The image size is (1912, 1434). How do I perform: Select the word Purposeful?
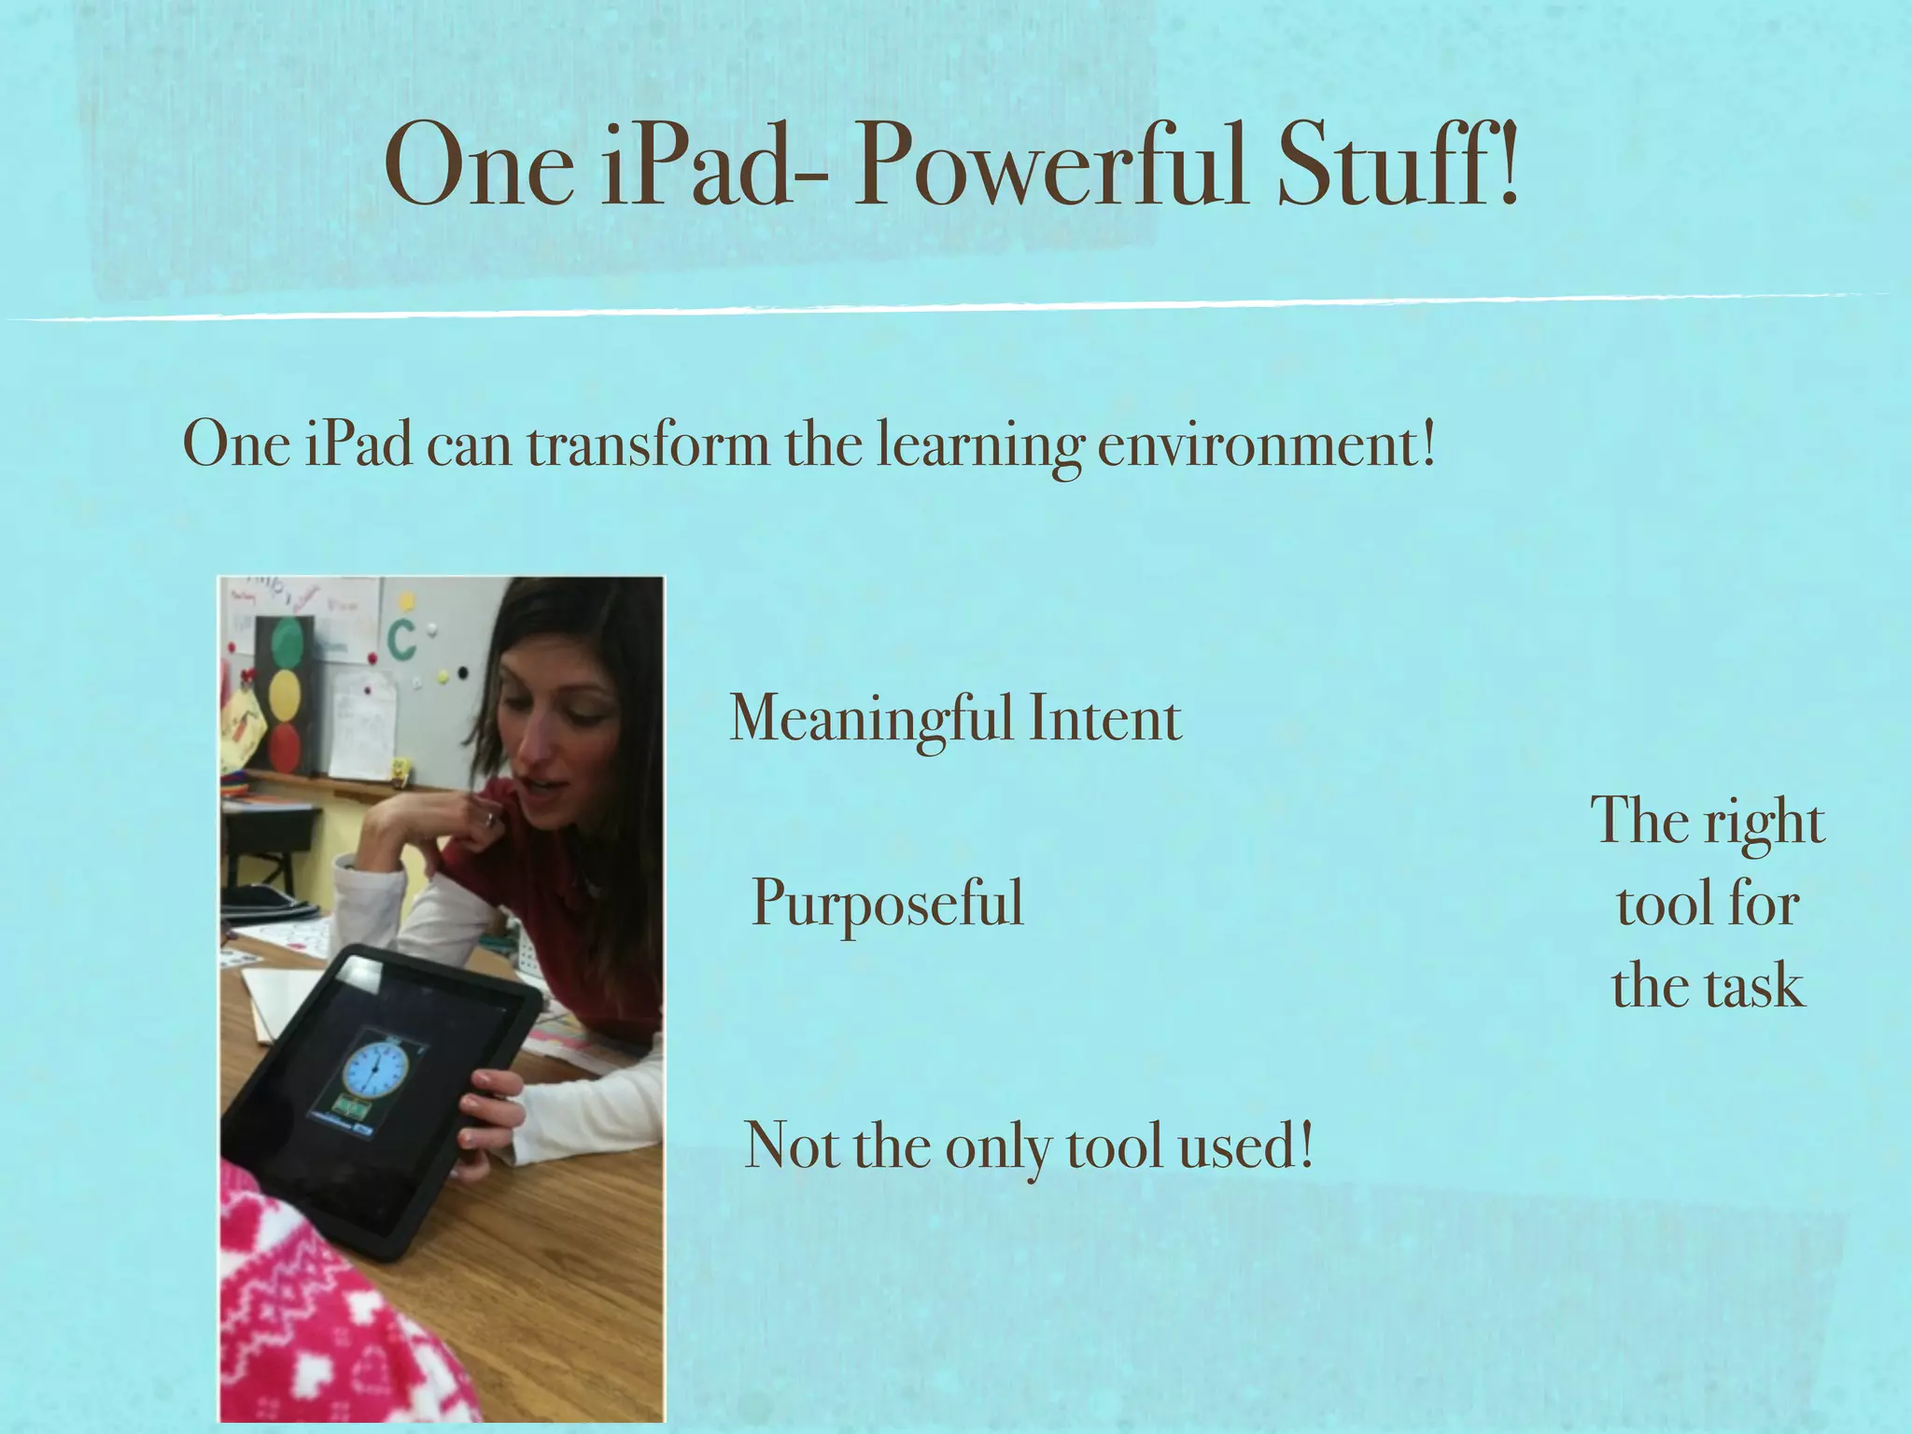888,904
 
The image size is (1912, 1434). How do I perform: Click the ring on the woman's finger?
489,819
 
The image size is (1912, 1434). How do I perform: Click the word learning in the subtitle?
979,446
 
